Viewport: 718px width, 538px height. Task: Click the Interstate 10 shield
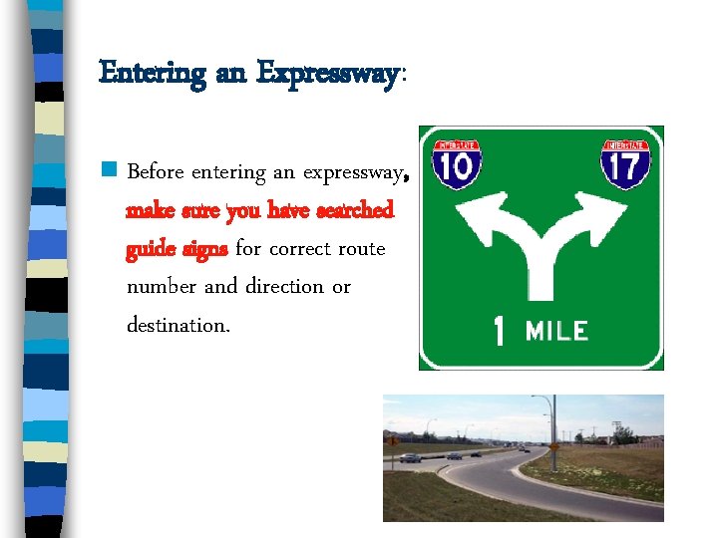(x=457, y=164)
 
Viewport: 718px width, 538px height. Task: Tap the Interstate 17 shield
(x=625, y=164)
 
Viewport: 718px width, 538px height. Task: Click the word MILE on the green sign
(x=556, y=331)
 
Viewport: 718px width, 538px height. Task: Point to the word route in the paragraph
(x=360, y=248)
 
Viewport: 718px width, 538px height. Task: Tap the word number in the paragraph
(x=162, y=287)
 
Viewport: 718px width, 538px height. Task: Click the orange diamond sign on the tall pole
(x=552, y=447)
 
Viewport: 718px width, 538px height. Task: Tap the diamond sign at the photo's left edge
(x=391, y=440)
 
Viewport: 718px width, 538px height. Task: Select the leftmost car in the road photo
(x=409, y=457)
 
